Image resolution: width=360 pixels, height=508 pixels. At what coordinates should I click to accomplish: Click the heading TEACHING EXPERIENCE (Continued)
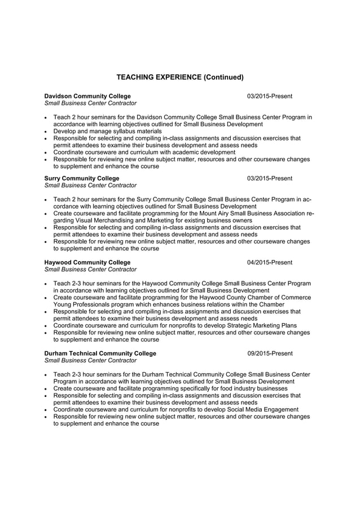179,77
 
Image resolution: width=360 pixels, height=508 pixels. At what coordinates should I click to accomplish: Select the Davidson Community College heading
87,96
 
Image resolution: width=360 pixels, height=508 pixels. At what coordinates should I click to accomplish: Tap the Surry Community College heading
82,178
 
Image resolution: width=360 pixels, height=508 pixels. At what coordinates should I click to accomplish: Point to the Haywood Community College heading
87,262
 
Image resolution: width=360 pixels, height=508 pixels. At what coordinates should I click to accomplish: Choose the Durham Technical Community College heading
100,354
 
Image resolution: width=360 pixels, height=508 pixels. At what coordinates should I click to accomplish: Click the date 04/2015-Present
270,262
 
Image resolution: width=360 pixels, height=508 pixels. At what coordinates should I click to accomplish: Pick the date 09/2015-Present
270,354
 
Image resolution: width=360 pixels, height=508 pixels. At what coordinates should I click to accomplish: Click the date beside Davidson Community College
270,96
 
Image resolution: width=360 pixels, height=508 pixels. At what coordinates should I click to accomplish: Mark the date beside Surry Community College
270,178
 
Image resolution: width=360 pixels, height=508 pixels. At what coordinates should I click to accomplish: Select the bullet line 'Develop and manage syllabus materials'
107,131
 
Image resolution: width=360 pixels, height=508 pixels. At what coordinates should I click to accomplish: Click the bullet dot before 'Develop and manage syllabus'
46,131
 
